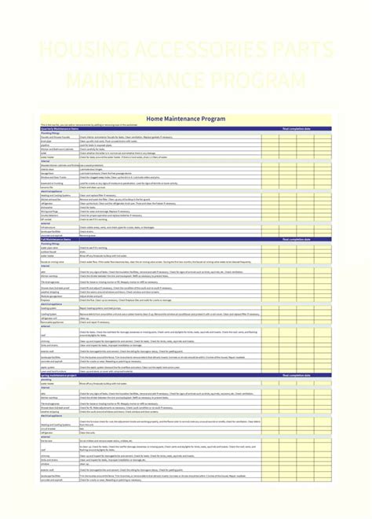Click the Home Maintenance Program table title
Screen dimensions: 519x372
click(186, 119)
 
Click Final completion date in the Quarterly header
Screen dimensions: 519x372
click(296, 129)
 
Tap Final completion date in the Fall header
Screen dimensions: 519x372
click(296, 238)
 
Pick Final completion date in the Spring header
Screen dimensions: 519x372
click(296, 376)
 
